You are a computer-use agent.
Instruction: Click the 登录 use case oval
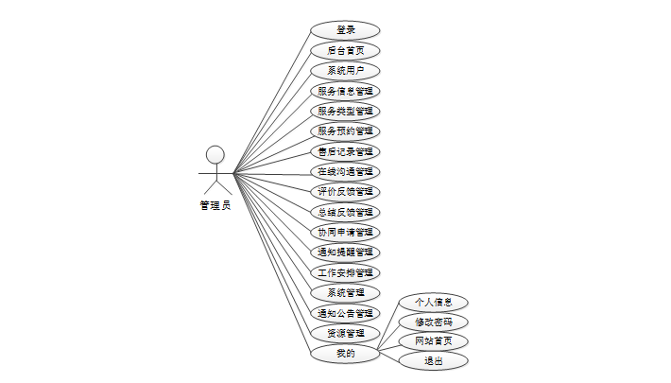(345, 30)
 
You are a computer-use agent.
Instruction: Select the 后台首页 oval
(345, 50)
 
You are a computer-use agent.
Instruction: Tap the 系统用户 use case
(345, 71)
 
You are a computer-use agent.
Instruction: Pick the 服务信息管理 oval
(345, 91)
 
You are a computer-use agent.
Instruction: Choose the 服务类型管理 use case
(345, 111)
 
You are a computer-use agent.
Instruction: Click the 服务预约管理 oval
(345, 131)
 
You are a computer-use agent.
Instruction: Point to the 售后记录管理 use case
(345, 151)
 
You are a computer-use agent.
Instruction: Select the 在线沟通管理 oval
(345, 171)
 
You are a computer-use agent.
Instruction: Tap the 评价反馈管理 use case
(345, 191)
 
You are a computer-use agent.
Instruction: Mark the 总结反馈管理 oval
(345, 212)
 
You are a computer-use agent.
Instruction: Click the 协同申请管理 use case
(345, 232)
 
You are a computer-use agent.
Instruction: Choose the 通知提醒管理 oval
(345, 252)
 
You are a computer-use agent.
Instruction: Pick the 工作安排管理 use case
(345, 272)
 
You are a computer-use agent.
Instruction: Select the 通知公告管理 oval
(345, 313)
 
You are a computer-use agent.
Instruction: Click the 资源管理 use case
(345, 333)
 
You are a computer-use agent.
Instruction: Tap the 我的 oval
(345, 354)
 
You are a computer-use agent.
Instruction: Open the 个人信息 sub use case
(433, 303)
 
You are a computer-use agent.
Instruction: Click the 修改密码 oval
(433, 322)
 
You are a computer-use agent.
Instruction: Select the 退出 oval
(433, 360)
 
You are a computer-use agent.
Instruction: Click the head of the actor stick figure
(215, 154)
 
